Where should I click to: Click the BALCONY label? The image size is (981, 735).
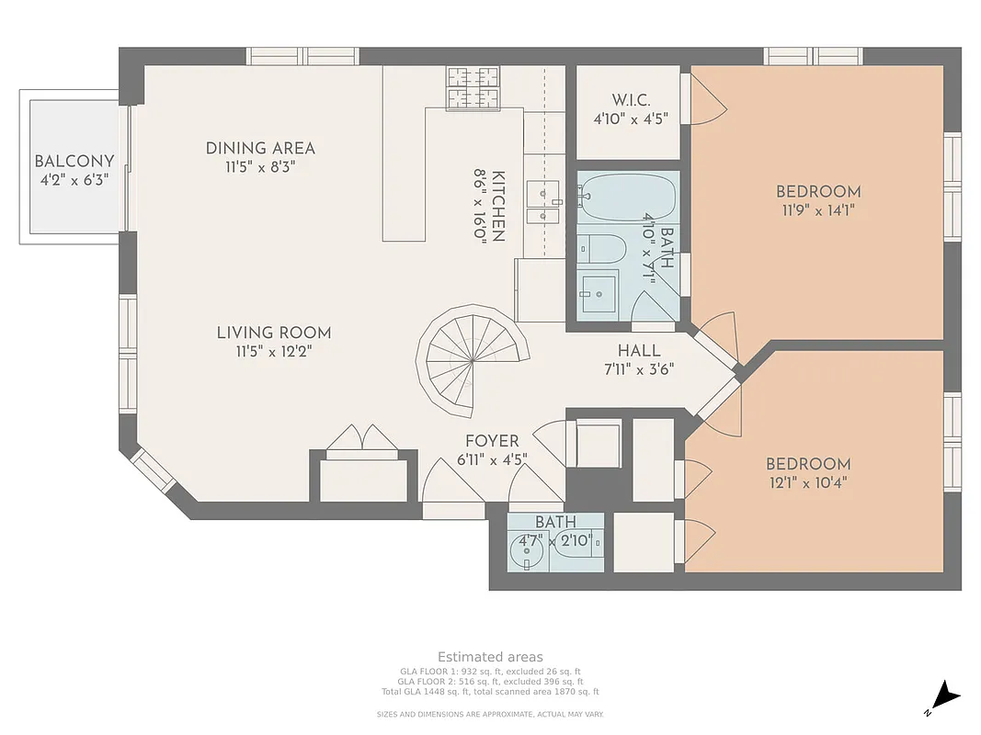click(74, 162)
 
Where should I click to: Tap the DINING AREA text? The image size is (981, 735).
click(260, 148)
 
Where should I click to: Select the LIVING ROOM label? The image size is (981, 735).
click(274, 333)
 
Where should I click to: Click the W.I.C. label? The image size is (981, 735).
click(631, 100)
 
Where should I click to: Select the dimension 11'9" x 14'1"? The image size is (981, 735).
click(818, 209)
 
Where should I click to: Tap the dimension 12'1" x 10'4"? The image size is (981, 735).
click(808, 482)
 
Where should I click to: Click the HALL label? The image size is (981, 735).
click(639, 350)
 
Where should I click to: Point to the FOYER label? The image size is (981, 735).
click(492, 441)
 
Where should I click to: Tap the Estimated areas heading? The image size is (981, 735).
click(490, 657)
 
